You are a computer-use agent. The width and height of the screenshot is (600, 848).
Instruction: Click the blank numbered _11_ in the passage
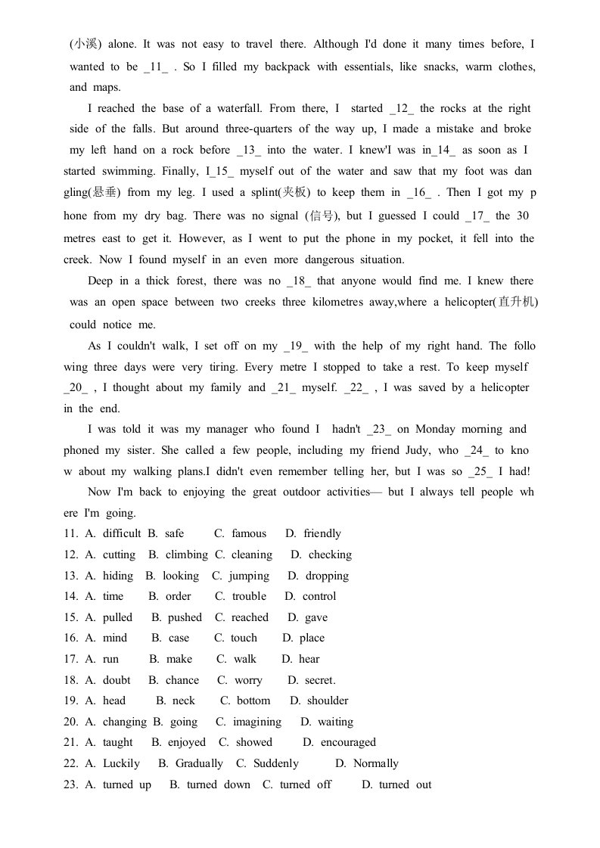click(159, 67)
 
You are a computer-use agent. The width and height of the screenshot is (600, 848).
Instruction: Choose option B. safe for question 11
click(166, 533)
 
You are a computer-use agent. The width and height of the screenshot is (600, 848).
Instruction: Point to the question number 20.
click(70, 722)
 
